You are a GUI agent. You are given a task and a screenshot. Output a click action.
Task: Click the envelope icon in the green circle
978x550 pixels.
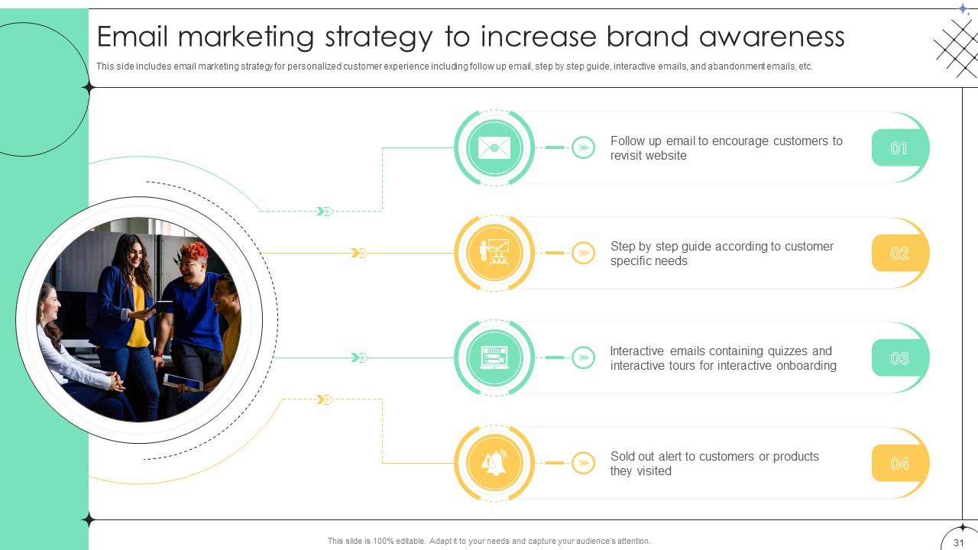494,147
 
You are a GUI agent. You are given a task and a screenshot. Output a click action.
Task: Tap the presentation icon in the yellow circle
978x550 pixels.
494,253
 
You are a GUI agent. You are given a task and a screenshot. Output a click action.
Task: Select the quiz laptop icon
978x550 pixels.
494,357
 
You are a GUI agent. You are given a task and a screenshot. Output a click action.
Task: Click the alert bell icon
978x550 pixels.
494,463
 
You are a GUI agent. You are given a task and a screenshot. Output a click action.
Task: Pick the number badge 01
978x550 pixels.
899,148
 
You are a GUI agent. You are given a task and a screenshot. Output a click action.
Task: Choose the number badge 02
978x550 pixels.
899,253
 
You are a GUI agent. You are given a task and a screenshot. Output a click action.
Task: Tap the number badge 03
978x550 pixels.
899,358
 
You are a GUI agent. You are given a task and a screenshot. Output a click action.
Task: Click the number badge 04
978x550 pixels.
899,463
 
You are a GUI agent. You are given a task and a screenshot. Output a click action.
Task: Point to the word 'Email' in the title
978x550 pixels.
141,37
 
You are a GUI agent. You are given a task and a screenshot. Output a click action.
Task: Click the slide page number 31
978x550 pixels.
959,542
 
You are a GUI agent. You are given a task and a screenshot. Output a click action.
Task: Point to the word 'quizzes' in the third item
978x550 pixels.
784,351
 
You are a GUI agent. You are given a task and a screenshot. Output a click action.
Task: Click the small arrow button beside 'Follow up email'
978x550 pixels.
583,147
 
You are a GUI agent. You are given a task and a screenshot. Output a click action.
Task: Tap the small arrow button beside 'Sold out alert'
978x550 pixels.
583,463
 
